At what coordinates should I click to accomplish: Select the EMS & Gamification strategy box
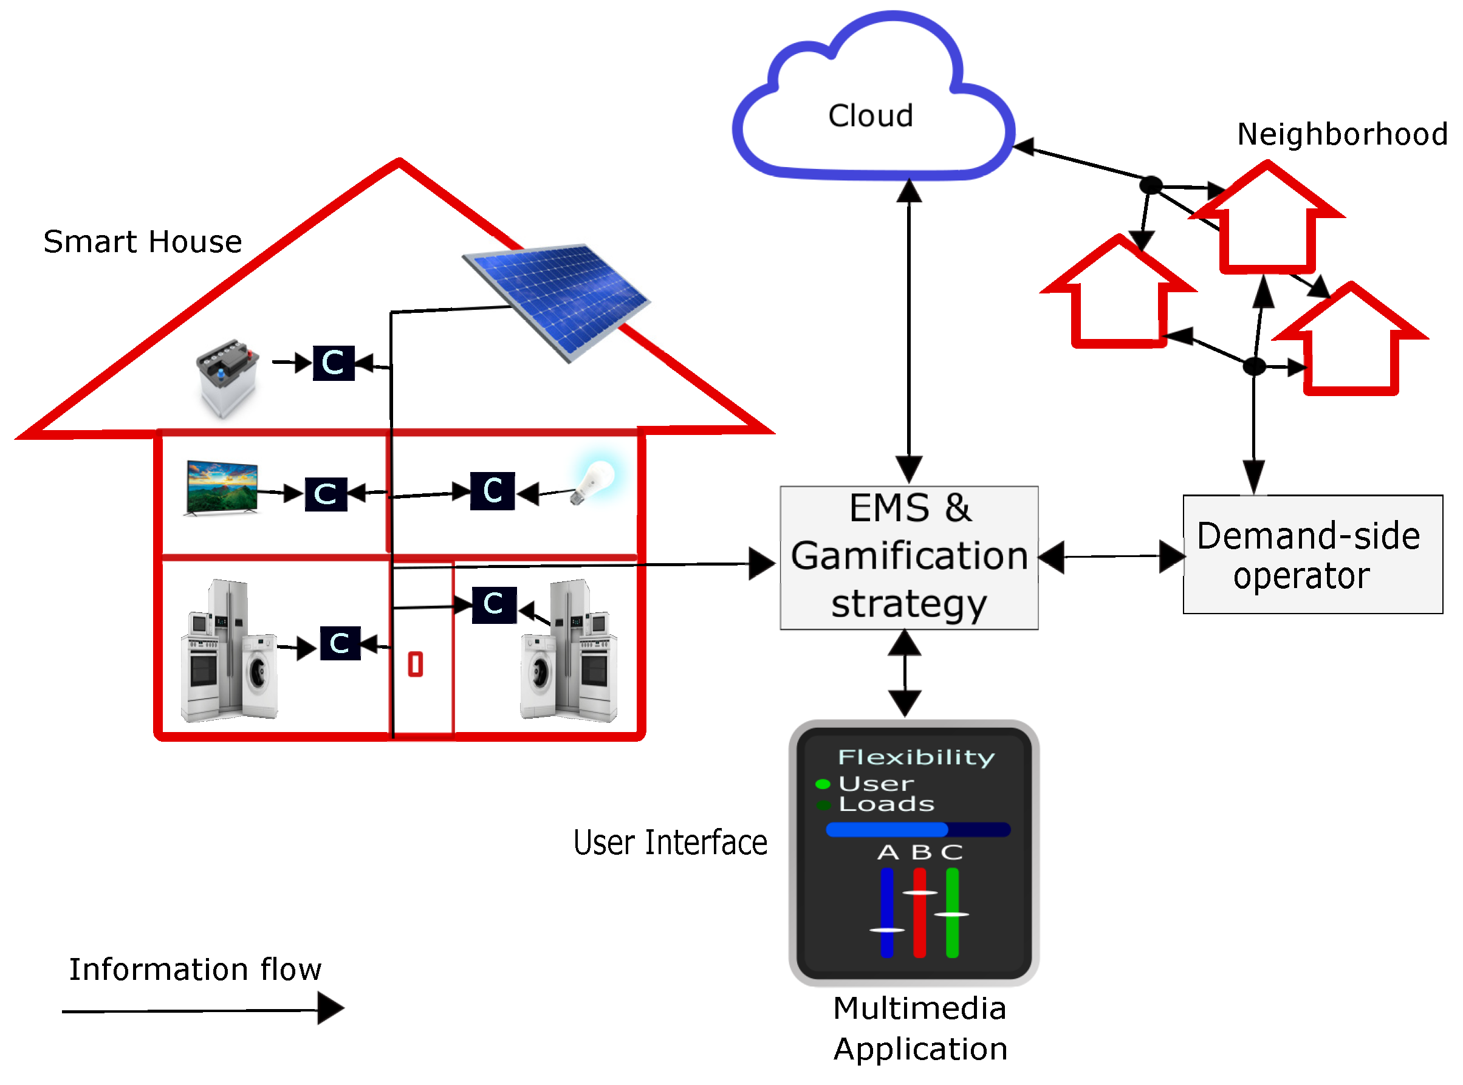tap(909, 558)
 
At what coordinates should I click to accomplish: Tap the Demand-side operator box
tap(1312, 554)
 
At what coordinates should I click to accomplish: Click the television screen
tap(222, 487)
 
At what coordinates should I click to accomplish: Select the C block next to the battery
tap(334, 363)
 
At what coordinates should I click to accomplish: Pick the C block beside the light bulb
tap(493, 491)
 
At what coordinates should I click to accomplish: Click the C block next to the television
tap(326, 494)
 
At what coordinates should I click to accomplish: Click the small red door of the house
tap(415, 664)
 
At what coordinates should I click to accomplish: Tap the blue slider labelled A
tap(886, 913)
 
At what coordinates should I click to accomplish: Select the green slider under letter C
tap(951, 913)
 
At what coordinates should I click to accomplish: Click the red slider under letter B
tap(919, 913)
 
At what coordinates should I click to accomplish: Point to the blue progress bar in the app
tap(917, 829)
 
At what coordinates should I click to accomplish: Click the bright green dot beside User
tap(822, 784)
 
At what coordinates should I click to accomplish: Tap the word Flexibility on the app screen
tap(916, 758)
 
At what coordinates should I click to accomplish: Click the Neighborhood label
tap(1342, 134)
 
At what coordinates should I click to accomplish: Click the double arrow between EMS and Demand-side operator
tap(1111, 557)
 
